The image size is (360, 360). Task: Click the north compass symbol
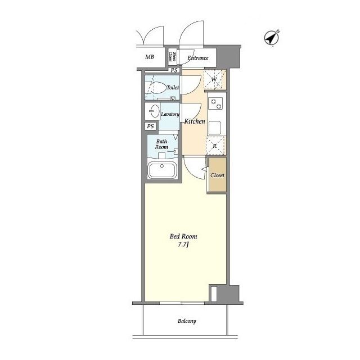pos(271,38)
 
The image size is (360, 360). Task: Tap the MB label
pos(150,57)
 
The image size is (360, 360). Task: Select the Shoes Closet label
pos(173,57)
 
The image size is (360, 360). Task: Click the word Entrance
pos(198,58)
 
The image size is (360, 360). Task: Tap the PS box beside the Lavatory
pos(150,126)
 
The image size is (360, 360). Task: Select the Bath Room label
pos(161,144)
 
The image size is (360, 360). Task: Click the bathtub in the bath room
pos(162,170)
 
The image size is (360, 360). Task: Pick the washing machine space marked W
pos(214,79)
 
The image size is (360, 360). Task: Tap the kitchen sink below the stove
pos(215,128)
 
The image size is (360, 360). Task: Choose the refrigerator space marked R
pos(215,146)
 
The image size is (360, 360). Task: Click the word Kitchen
pos(195,121)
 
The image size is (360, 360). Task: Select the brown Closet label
pos(217,175)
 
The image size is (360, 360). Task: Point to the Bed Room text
pos(183,236)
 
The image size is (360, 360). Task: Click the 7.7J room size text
pos(183,245)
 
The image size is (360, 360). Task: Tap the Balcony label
pos(187,321)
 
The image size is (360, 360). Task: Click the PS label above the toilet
pos(174,70)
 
